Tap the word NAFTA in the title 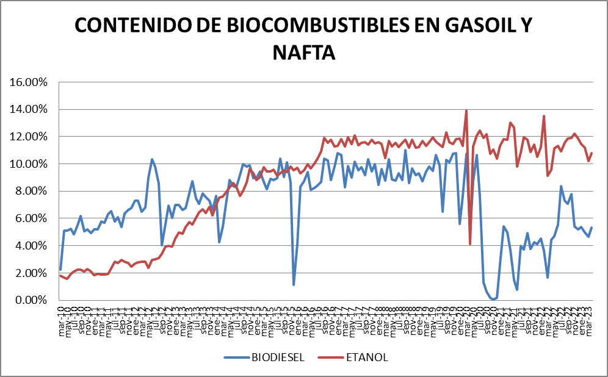[303, 52]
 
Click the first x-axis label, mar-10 [60, 317]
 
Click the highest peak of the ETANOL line [466, 110]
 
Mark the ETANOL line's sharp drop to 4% [470, 244]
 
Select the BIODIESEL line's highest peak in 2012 [152, 159]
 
